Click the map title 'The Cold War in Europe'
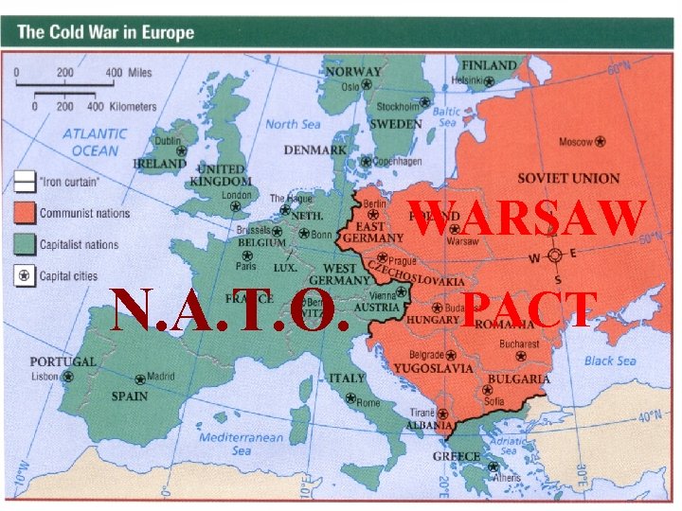pos(105,32)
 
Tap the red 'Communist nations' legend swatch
pos(25,213)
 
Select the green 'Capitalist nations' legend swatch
pos(25,244)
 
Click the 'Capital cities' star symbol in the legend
pos(25,276)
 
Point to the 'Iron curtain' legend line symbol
pos(25,181)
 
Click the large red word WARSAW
pos(529,219)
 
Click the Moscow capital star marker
pos(601,142)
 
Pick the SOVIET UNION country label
pos(568,178)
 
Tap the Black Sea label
pos(611,361)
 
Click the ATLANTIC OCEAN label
pos(95,142)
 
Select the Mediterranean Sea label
pos(241,444)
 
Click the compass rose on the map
pos(556,255)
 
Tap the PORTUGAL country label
pos(63,361)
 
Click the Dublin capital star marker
pos(180,150)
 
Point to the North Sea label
pos(293,124)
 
